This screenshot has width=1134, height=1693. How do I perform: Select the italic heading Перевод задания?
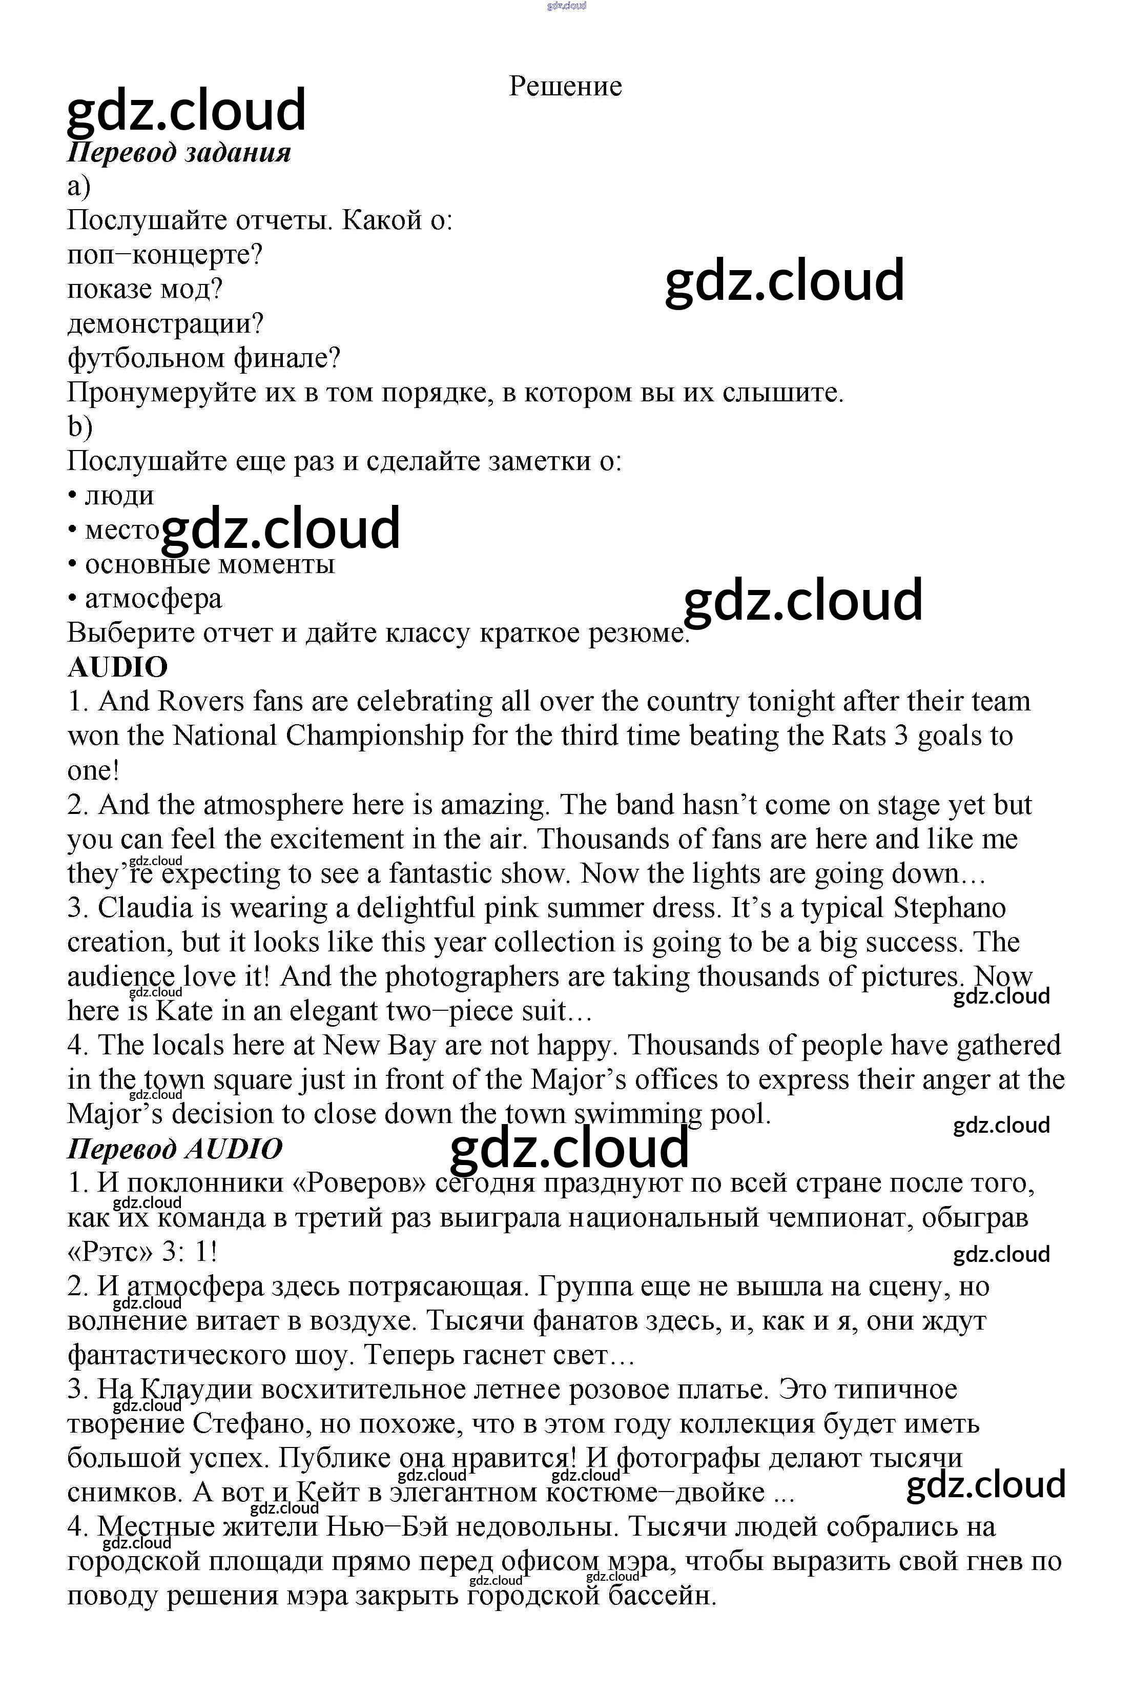coord(179,153)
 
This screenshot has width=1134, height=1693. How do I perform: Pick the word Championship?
coord(375,736)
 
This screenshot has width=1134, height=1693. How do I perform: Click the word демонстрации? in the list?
coord(166,323)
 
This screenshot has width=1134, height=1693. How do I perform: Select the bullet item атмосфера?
coord(153,598)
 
